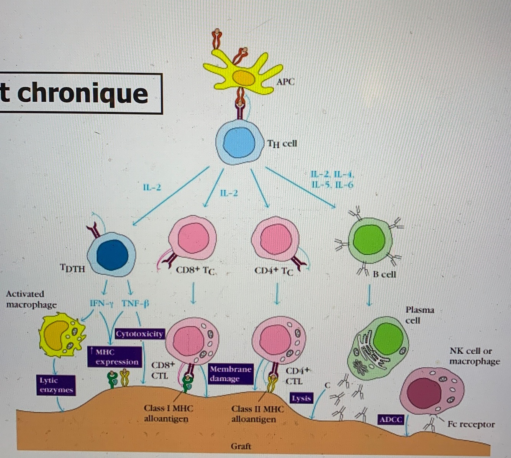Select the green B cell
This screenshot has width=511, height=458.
tap(369, 241)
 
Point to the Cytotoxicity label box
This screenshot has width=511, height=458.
tap(139, 334)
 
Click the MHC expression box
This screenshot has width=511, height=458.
tap(114, 357)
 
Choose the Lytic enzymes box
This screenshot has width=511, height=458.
tap(56, 385)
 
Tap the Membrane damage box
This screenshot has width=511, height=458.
tap(231, 374)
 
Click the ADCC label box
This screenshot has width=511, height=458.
tap(390, 420)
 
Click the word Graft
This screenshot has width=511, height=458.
tap(241, 446)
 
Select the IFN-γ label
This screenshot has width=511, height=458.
tap(102, 303)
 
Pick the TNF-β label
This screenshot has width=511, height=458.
tap(135, 303)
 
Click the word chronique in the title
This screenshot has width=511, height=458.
tap(82, 93)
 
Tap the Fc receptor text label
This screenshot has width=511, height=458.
tap(471, 424)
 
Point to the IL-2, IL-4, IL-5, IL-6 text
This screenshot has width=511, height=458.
tap(332, 180)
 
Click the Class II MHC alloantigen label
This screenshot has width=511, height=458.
tap(258, 414)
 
